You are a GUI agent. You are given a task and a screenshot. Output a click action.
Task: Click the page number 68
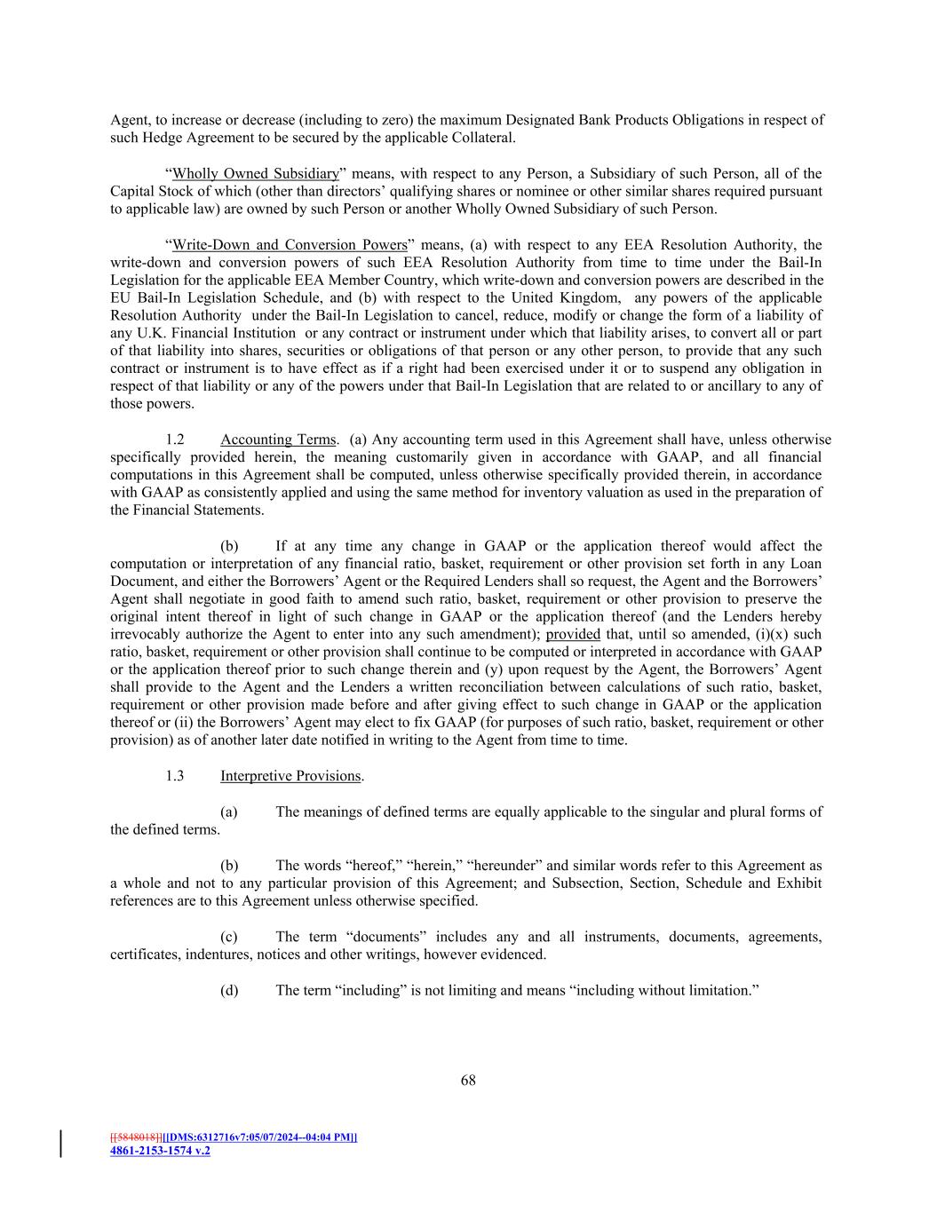[x=468, y=1080]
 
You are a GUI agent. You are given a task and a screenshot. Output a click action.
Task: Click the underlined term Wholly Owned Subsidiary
[x=256, y=173]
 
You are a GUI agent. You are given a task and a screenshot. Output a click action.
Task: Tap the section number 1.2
[x=174, y=440]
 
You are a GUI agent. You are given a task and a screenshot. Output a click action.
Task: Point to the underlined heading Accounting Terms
[x=278, y=440]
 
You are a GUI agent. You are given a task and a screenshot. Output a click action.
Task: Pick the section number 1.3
[x=174, y=776]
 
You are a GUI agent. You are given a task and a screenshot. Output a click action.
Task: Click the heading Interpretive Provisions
[x=290, y=776]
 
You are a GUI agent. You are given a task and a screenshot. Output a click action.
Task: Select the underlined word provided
[x=573, y=634]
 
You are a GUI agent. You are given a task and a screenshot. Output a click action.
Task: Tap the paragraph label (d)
[x=229, y=990]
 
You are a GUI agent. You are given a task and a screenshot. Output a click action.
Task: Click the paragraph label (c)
[x=229, y=937]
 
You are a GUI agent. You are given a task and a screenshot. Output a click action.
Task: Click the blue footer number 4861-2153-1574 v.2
[x=160, y=1151]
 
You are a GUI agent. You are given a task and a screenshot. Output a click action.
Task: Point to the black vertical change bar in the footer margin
[x=60, y=1144]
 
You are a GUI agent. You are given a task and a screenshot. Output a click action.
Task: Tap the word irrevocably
[x=146, y=634]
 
